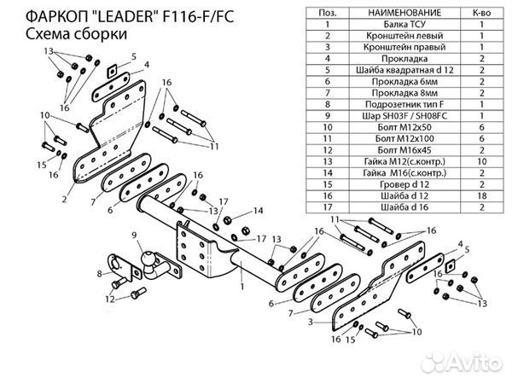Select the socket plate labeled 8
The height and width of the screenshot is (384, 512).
[121, 266]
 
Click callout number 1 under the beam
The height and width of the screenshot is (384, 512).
[242, 287]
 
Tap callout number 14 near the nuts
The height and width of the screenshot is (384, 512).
[258, 211]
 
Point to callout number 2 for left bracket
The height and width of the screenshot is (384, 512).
[64, 199]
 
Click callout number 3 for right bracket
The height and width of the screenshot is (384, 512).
[311, 322]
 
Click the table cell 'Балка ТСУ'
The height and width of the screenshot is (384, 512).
[404, 25]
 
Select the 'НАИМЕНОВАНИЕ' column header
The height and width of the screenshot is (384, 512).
[404, 13]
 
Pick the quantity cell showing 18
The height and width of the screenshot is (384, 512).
[482, 196]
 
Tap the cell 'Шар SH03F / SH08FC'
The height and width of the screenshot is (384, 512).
[404, 116]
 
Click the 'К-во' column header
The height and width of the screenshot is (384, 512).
[482, 13]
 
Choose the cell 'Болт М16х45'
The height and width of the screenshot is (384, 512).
[404, 150]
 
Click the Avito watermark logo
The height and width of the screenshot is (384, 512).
[461, 362]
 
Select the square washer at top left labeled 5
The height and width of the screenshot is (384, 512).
[112, 71]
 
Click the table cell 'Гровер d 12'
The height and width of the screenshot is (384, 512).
[404, 184]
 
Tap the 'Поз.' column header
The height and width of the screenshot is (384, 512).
[328, 13]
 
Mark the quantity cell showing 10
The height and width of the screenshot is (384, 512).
[482, 161]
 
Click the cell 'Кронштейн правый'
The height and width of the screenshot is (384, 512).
[404, 47]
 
